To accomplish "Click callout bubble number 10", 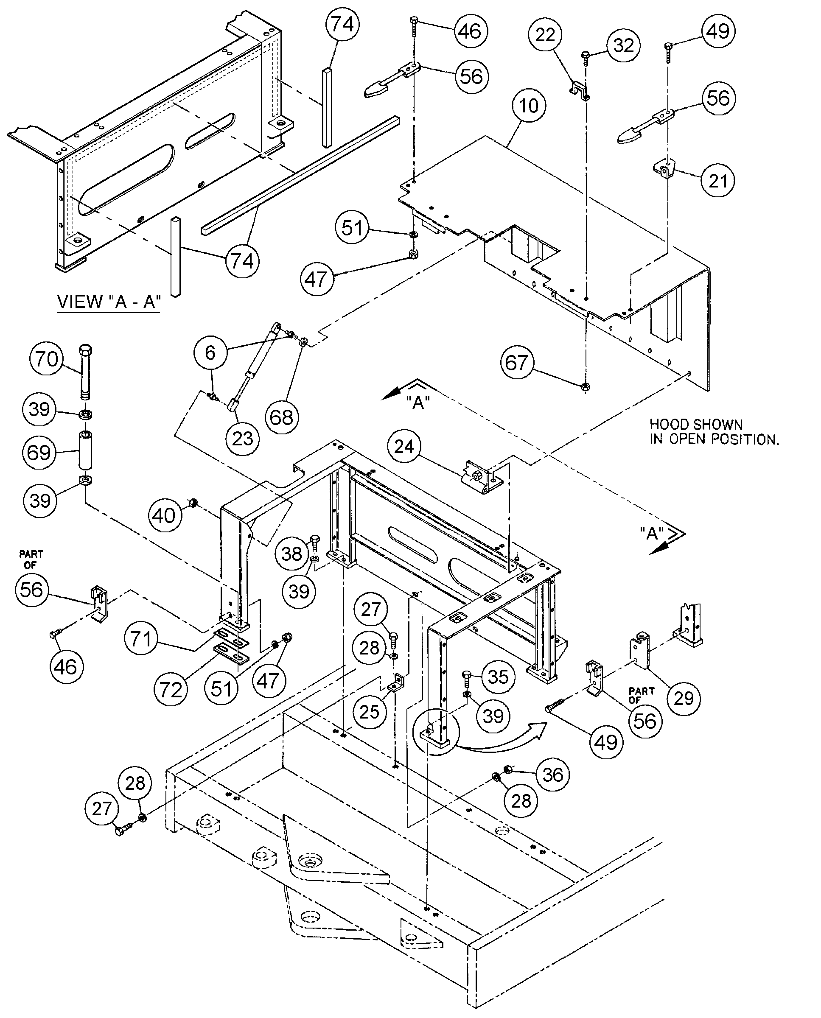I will click(x=528, y=106).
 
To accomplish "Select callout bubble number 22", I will click(x=545, y=34).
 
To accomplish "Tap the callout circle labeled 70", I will click(x=46, y=359).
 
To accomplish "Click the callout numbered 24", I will click(x=403, y=446).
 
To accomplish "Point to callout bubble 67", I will click(x=516, y=363).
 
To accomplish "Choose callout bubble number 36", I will click(x=552, y=775).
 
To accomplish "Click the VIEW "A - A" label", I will click(x=109, y=301).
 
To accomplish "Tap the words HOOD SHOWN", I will click(x=696, y=424).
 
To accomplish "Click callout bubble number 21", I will click(x=718, y=180).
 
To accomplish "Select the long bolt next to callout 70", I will click(x=86, y=374).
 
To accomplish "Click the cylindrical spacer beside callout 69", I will click(x=85, y=448).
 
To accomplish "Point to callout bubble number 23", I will click(x=243, y=438).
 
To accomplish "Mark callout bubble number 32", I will click(x=623, y=46).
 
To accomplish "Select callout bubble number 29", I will click(x=684, y=698).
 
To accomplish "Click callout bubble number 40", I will click(x=164, y=515).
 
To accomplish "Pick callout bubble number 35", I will click(x=498, y=677).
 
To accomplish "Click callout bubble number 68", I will click(x=281, y=417).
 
